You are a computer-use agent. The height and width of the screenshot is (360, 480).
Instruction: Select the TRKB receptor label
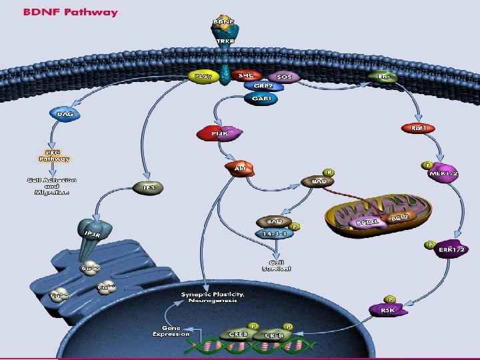point(223,41)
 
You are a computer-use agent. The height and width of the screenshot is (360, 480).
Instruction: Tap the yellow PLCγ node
point(202,77)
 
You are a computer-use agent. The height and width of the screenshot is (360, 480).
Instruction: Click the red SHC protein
point(245,76)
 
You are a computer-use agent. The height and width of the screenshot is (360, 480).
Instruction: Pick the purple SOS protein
point(284,77)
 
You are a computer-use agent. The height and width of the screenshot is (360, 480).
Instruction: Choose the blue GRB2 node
point(260,86)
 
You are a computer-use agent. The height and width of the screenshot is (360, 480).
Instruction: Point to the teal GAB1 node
point(261,98)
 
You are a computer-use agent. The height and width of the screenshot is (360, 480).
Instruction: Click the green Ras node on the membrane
point(383,77)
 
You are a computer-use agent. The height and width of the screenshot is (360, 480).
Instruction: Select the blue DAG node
point(65,114)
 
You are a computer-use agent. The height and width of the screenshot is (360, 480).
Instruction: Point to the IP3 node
point(149,188)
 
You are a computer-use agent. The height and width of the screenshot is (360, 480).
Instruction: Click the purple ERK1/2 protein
point(451,249)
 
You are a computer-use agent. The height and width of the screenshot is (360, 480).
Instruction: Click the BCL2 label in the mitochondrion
point(399,218)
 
